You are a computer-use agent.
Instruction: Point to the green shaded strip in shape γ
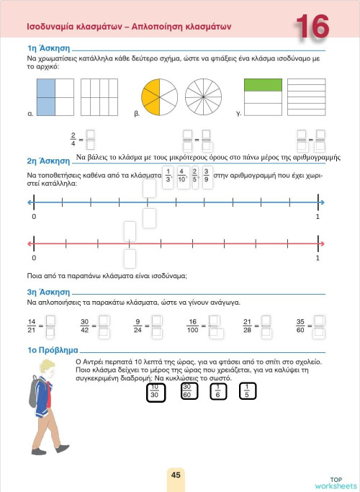pyautogui.click(x=264, y=85)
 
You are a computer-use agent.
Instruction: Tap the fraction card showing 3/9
pyautogui.click(x=207, y=176)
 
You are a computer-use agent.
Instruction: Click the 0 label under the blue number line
pyautogui.click(x=34, y=216)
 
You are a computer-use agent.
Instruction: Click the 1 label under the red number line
pyautogui.click(x=318, y=257)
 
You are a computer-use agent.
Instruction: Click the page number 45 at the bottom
pyautogui.click(x=176, y=475)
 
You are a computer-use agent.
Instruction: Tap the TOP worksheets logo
pyautogui.click(x=336, y=482)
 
